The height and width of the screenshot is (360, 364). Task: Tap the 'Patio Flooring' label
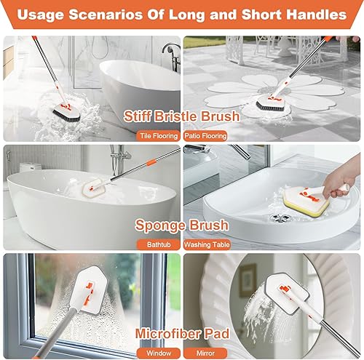click(x=205, y=135)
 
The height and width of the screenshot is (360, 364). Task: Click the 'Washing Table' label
click(x=207, y=244)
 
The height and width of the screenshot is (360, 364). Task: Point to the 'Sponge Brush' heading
click(x=182, y=225)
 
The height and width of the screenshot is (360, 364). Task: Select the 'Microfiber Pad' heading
click(x=182, y=333)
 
